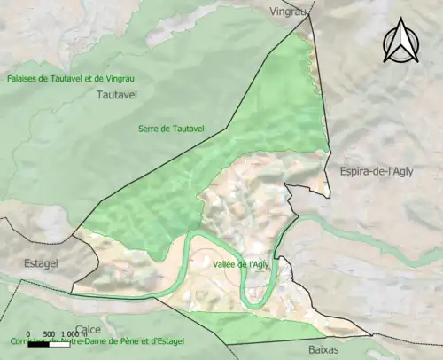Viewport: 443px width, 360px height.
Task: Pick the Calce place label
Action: [x=88, y=329]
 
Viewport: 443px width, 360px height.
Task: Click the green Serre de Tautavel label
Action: [x=171, y=129]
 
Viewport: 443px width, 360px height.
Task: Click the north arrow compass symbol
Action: [x=400, y=43]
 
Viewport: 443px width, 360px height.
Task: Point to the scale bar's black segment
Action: [x=38, y=343]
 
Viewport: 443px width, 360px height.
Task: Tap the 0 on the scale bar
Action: [x=27, y=333]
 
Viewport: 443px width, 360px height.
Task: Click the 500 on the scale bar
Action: [x=49, y=333]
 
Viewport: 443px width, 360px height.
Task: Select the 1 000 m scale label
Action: [x=74, y=333]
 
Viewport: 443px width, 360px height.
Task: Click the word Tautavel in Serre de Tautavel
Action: [x=187, y=129]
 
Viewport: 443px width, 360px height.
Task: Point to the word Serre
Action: [x=149, y=129]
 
